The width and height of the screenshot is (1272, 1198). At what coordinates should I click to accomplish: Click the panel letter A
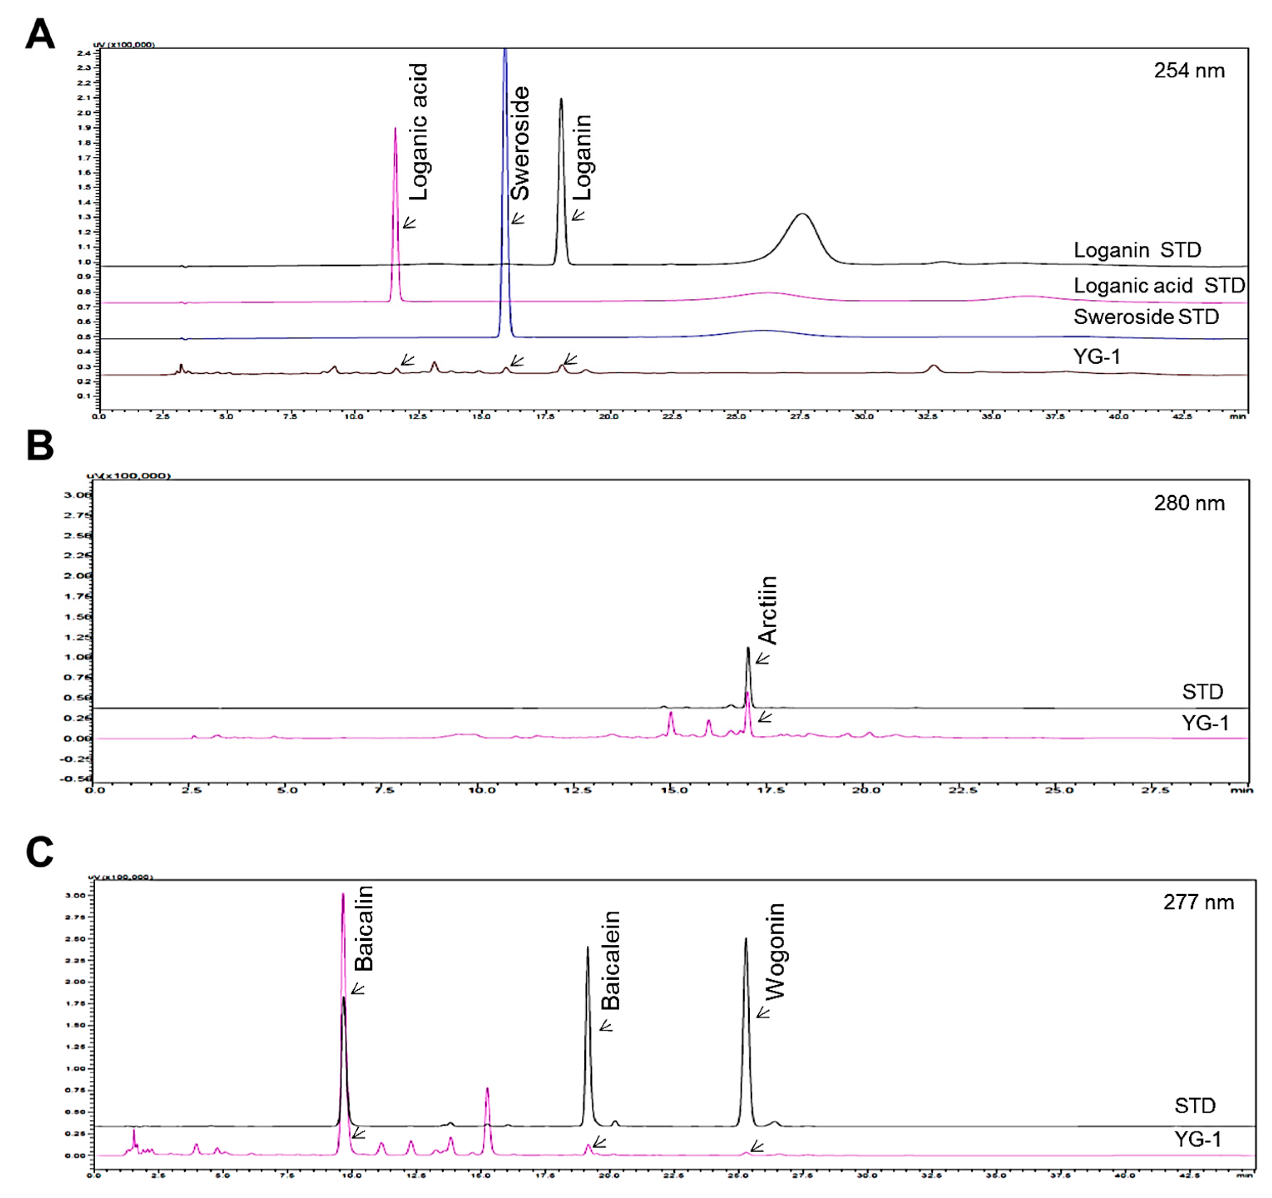point(40,35)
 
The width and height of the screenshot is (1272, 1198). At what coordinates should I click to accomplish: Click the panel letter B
point(40,446)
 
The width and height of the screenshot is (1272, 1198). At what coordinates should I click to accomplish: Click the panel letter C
point(40,853)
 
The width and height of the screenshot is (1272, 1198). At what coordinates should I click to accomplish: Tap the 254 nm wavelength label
point(1189,71)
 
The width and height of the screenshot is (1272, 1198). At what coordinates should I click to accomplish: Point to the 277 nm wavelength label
point(1198,902)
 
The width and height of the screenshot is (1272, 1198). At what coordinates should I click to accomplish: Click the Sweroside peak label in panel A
point(519,144)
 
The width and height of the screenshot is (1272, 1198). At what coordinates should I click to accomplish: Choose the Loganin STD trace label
point(1137,250)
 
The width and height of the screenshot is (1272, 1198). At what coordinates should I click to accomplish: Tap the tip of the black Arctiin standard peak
point(747,648)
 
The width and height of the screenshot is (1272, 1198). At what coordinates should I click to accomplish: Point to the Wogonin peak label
point(775,952)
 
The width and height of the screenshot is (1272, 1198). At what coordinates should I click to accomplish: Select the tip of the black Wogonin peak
point(746,939)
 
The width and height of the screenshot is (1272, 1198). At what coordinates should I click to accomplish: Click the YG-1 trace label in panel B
point(1205,723)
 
